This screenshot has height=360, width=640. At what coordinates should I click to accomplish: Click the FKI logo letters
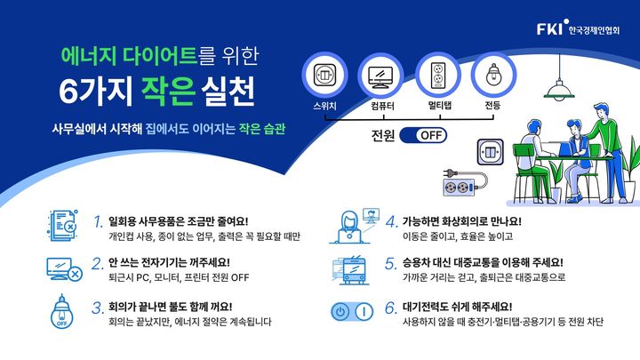coord(548,30)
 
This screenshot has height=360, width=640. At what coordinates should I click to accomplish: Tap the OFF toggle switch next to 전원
coord(422,135)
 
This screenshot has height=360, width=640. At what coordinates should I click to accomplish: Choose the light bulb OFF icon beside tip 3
coord(63,312)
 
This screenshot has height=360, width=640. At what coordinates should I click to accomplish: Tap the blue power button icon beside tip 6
coord(354,313)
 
